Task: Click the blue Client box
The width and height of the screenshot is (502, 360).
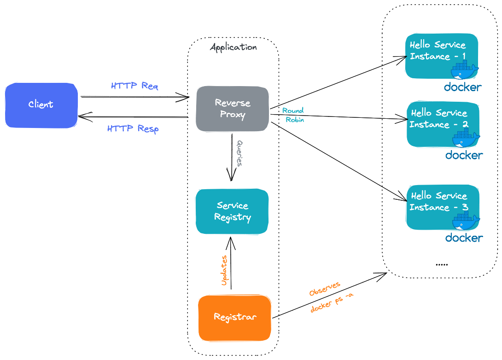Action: coord(41,105)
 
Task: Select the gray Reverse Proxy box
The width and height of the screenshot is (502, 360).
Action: coord(232,109)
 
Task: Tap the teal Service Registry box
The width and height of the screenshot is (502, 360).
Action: coord(232,211)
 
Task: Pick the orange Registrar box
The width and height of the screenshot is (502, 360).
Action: coord(235,318)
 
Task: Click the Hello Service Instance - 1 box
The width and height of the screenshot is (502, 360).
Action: coord(441,55)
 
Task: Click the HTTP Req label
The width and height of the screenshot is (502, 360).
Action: coord(134,86)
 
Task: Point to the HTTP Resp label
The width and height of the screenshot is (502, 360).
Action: coord(133,129)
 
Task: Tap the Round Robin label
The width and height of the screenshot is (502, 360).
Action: coord(293,115)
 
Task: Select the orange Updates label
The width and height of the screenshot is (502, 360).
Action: coord(224,271)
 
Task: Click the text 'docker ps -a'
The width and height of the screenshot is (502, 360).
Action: coord(332,302)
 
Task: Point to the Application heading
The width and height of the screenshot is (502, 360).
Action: coord(233,47)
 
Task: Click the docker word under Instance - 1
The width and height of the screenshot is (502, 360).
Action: coord(462,87)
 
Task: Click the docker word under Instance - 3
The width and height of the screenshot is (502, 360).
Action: coord(464,238)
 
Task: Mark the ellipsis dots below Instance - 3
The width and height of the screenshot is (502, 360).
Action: coord(441,265)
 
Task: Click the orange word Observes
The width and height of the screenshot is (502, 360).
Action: coord(325,289)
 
